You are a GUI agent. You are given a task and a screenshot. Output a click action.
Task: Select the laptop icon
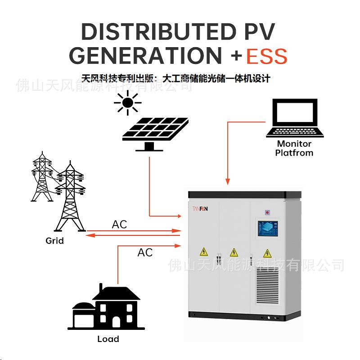(x=294, y=118)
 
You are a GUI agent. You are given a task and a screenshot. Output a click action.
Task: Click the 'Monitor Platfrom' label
(x=294, y=148)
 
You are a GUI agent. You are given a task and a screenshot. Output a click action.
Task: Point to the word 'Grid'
(x=54, y=241)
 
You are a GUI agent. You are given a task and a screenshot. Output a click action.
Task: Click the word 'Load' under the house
(x=108, y=339)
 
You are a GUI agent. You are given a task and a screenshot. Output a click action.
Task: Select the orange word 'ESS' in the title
(x=266, y=57)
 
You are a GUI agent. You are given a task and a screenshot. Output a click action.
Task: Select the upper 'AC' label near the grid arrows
(x=120, y=224)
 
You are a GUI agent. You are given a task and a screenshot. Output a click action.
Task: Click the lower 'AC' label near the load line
(x=145, y=252)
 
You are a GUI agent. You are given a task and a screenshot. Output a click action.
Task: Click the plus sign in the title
(x=236, y=57)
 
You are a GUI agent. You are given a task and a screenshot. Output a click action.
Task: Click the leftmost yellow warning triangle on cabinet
(x=204, y=252)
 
